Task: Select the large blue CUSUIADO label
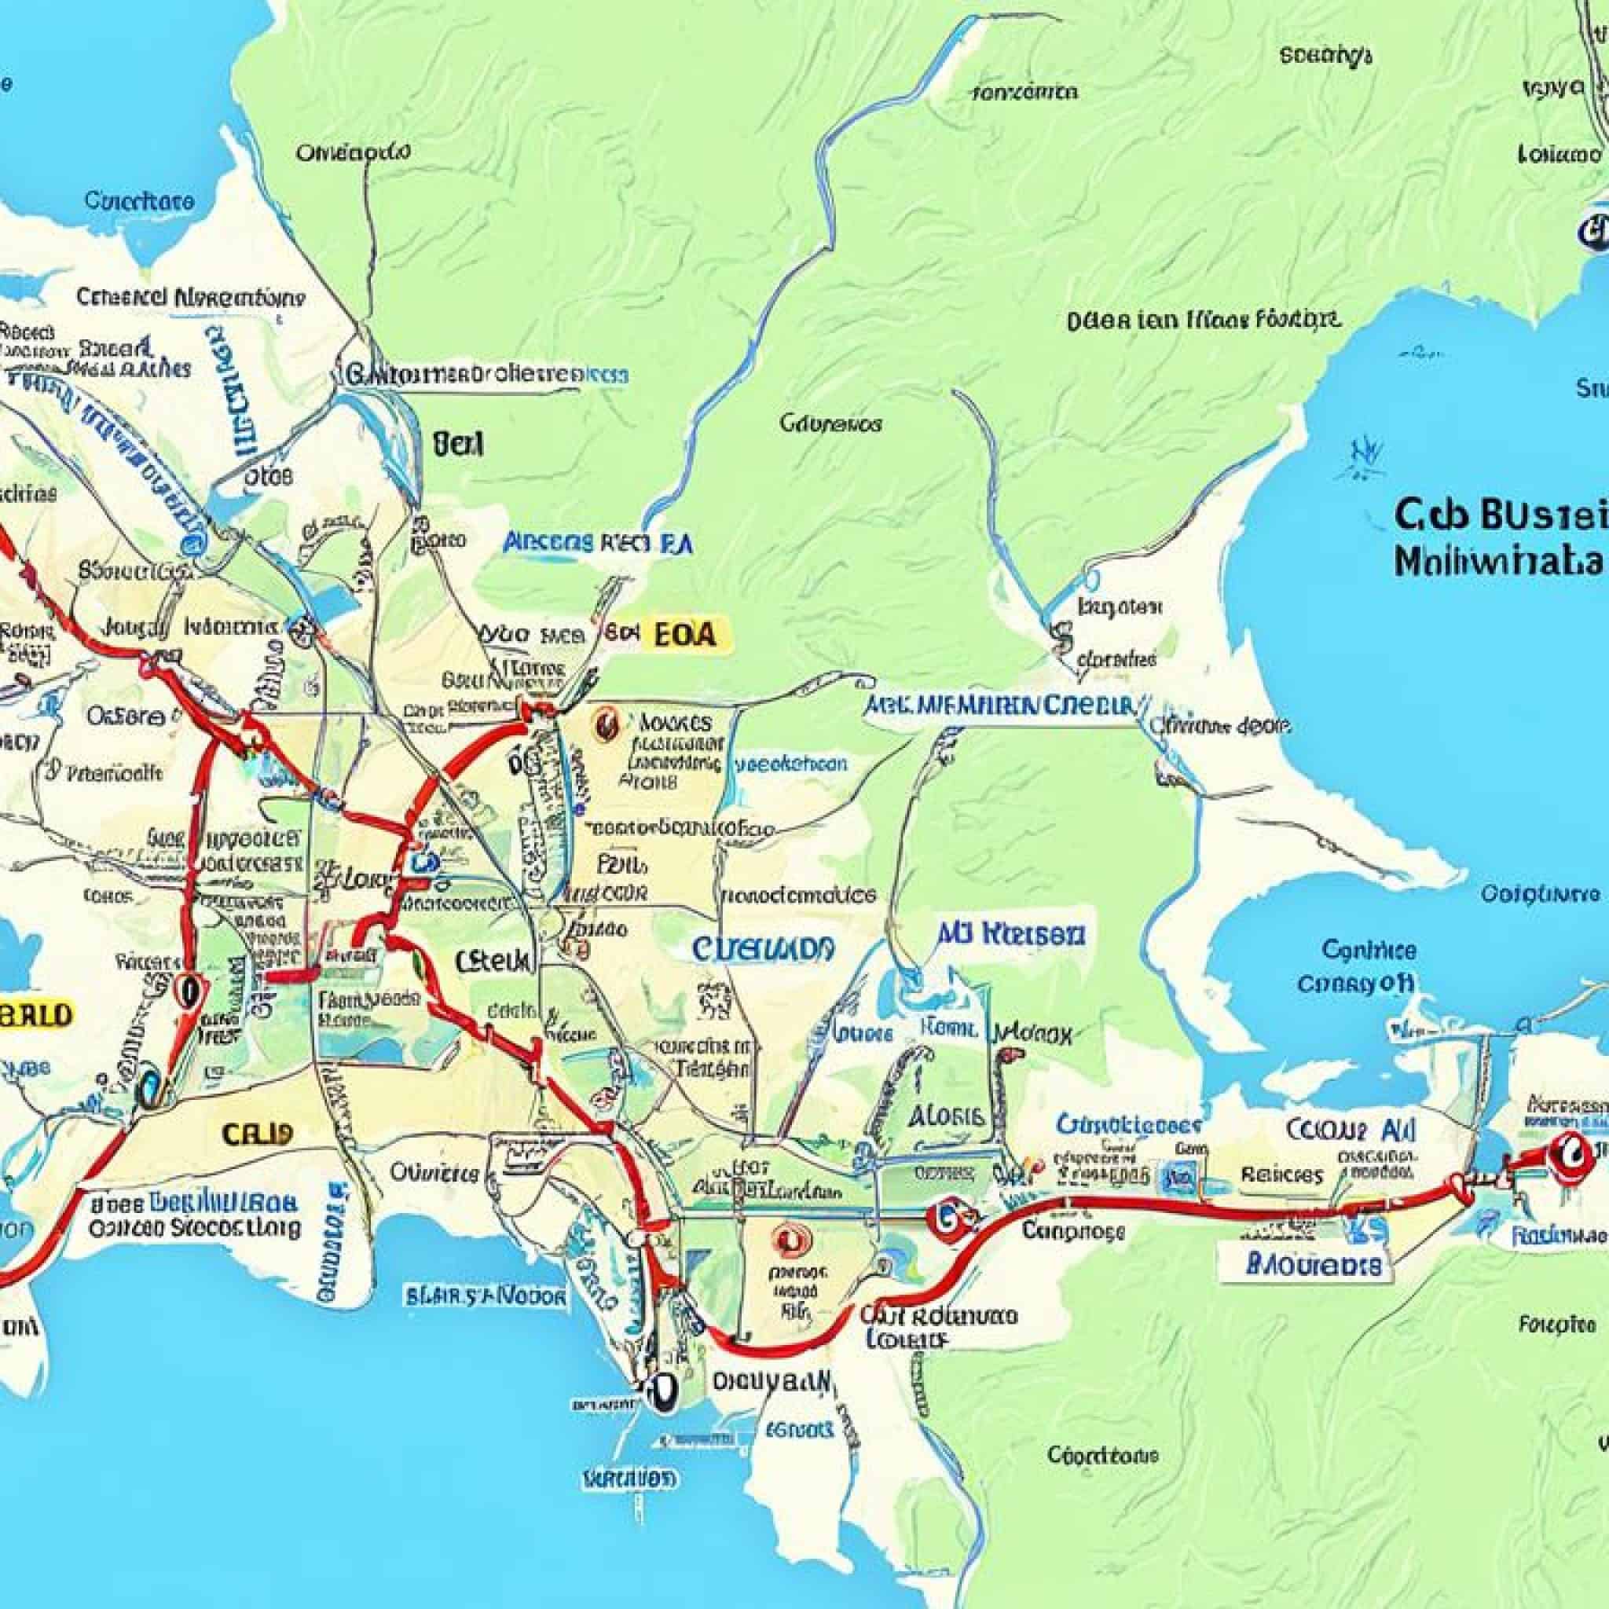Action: coord(761,948)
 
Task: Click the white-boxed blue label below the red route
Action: coord(1306,1266)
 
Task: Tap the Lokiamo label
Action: coord(1559,155)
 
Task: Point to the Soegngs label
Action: coord(1325,56)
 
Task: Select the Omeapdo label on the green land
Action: coord(352,152)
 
